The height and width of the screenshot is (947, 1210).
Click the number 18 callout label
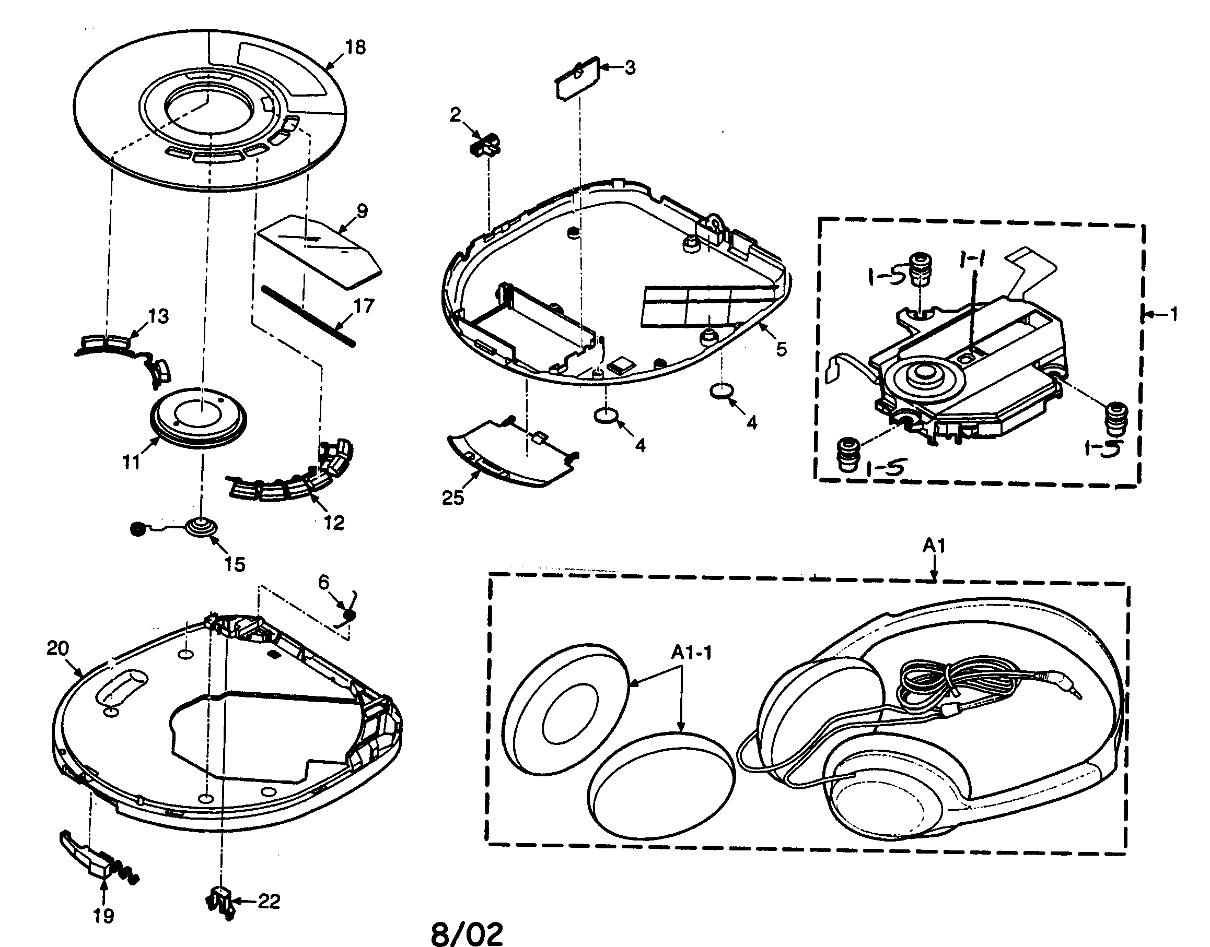[x=355, y=48]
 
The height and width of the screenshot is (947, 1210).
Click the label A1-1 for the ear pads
[x=691, y=653]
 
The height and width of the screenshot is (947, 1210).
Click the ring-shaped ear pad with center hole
[x=566, y=709]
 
